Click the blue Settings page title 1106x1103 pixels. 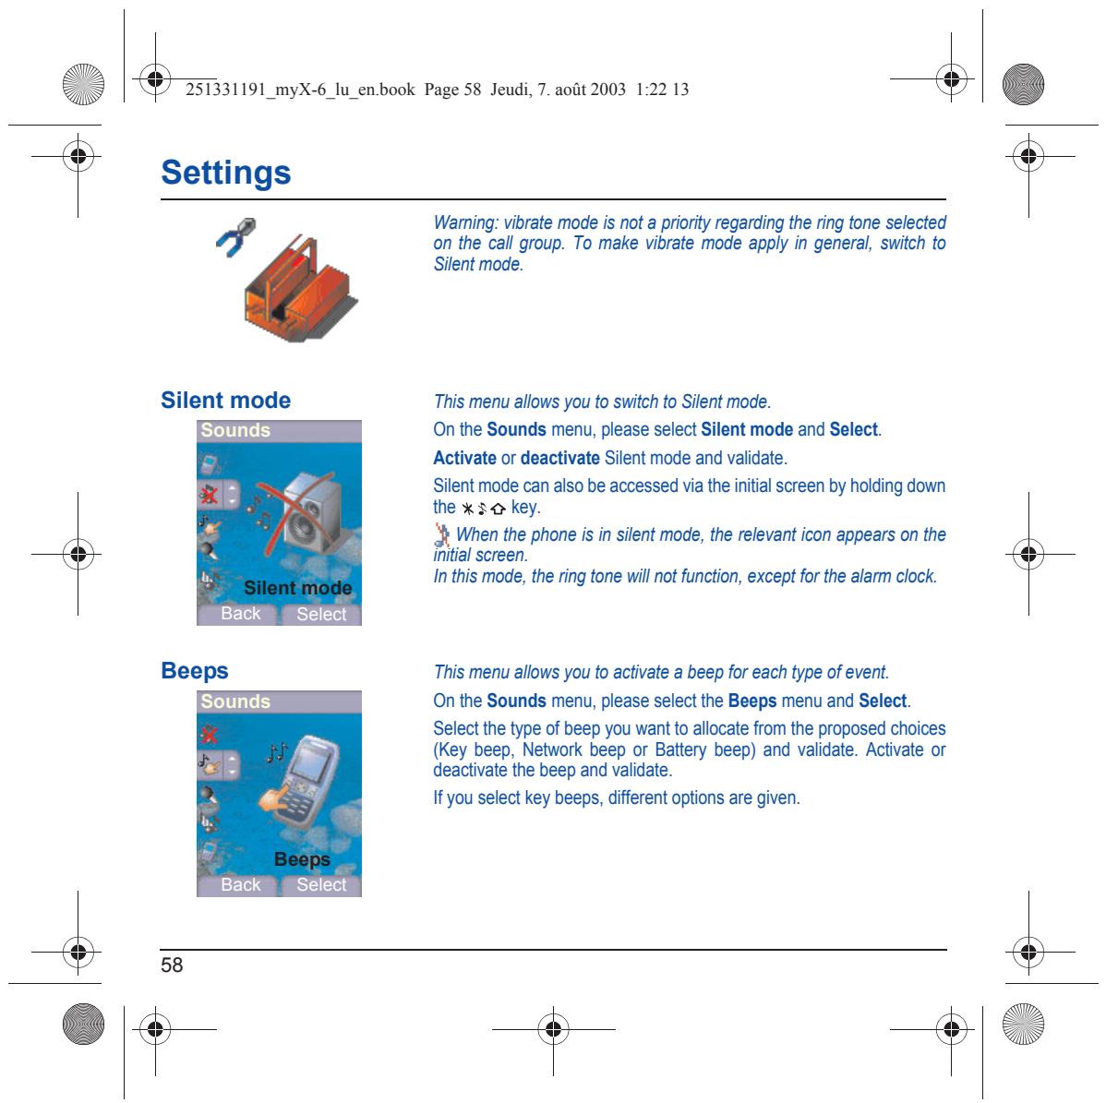[x=225, y=173]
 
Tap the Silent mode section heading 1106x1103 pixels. [x=225, y=400]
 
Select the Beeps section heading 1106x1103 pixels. [x=195, y=671]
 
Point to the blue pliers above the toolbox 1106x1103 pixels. [x=235, y=237]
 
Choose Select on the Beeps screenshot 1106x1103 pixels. [x=321, y=885]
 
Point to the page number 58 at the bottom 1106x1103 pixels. [x=172, y=965]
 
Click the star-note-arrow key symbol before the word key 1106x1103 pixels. [x=483, y=509]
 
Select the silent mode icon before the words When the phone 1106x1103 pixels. [x=441, y=535]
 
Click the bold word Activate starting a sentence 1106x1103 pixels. [x=464, y=458]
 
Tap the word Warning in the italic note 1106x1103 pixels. [x=465, y=222]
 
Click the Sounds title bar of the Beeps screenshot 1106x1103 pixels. [x=280, y=701]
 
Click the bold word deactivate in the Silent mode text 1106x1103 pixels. [x=560, y=458]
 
